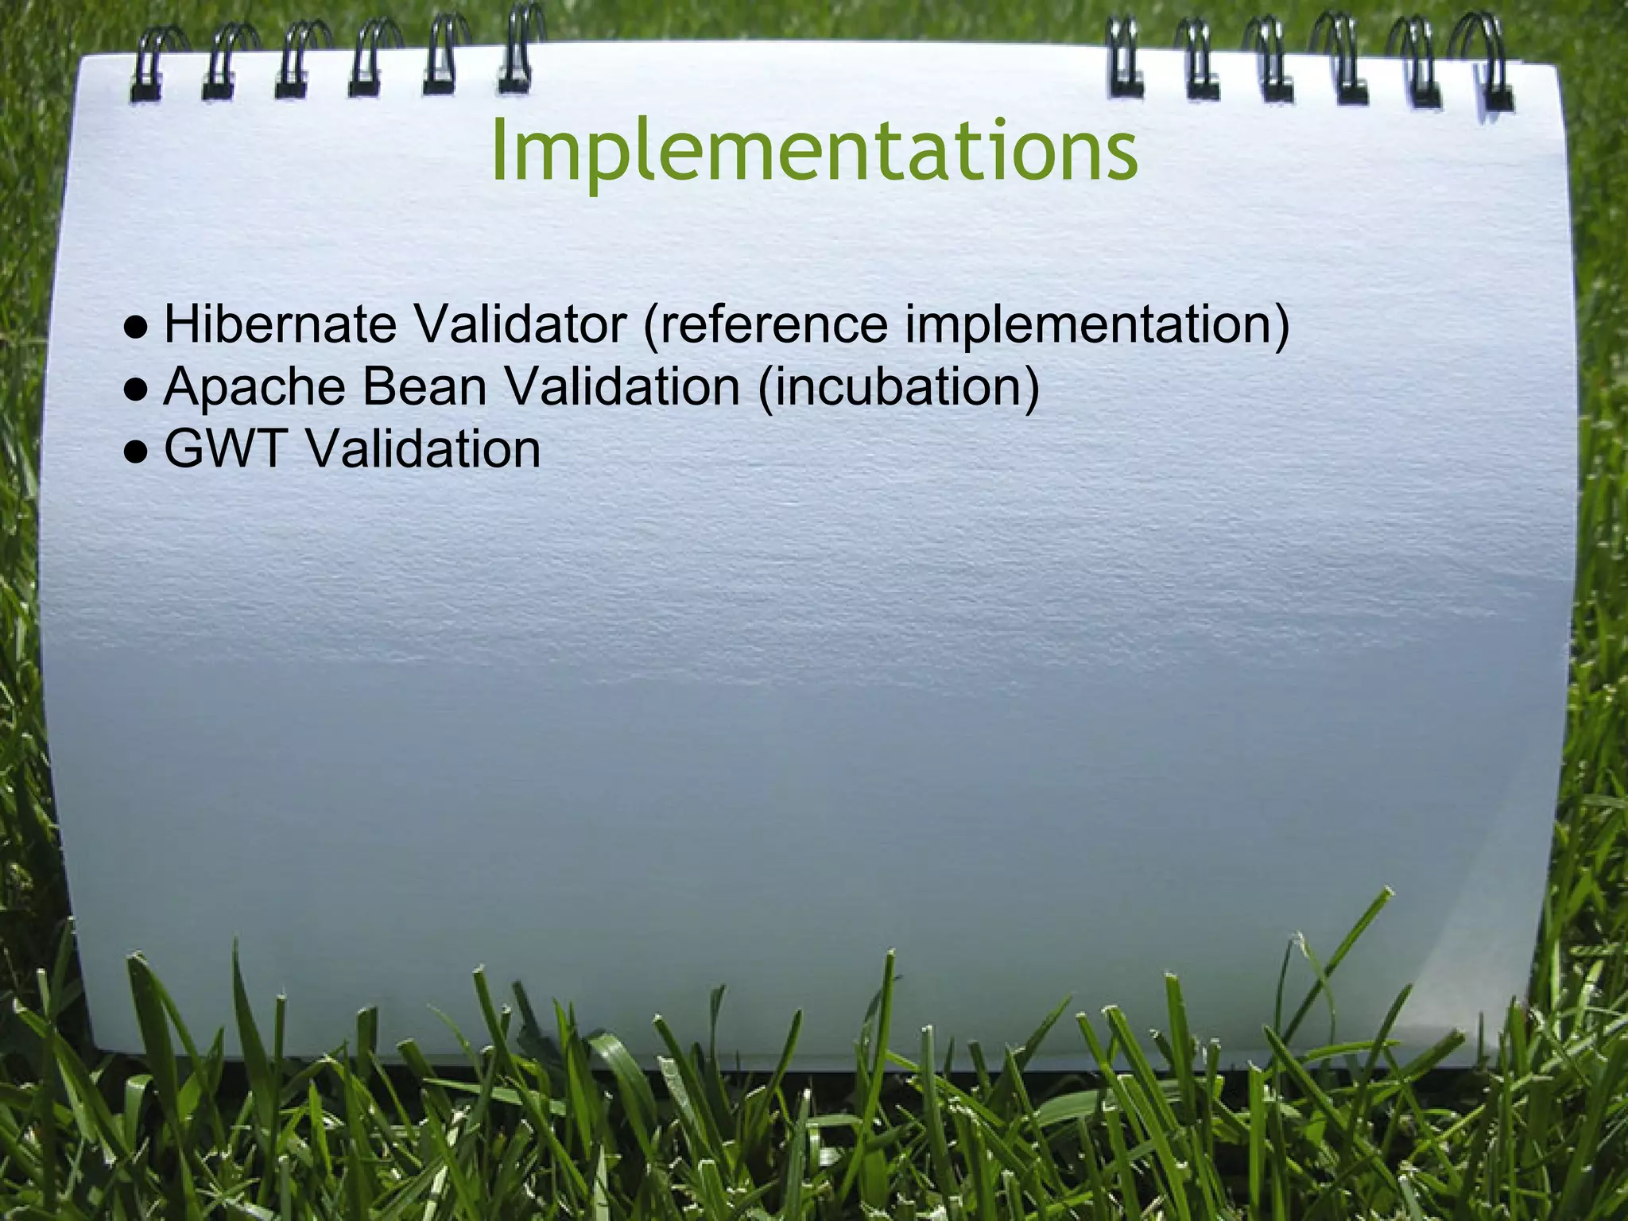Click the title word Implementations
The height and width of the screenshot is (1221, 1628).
[x=814, y=151]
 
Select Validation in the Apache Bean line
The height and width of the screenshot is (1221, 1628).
[x=622, y=387]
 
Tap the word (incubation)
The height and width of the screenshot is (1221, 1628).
[x=898, y=388]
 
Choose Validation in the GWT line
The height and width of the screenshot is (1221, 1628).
[x=424, y=449]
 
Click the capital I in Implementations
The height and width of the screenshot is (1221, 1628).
[x=498, y=151]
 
